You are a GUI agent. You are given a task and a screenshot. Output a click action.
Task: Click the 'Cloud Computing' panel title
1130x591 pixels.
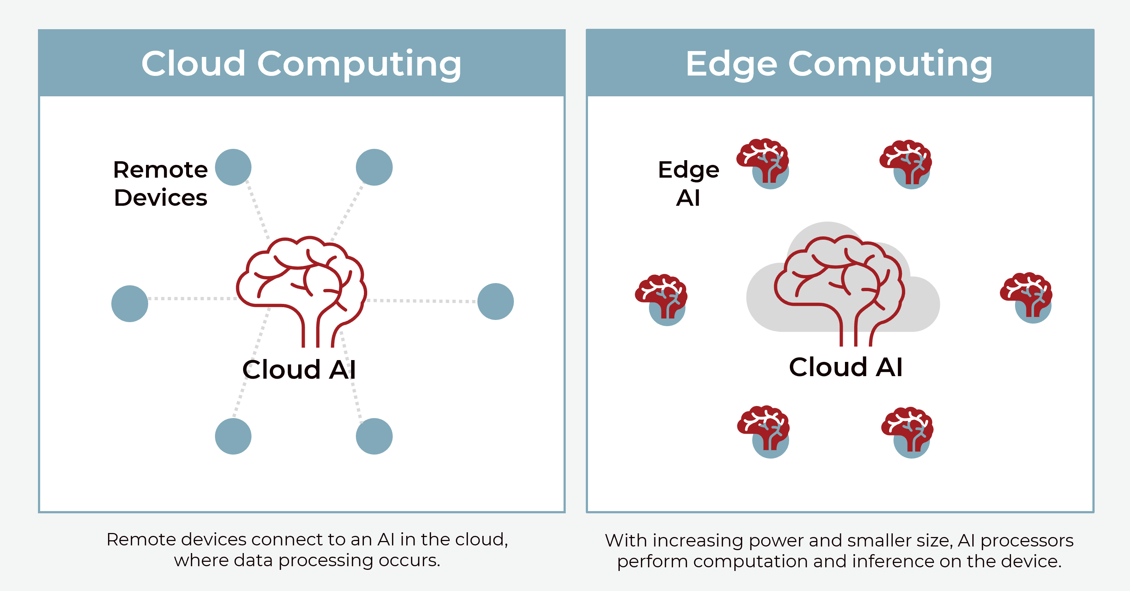pyautogui.click(x=301, y=63)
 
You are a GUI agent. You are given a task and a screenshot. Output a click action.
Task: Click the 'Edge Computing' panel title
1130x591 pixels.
pyautogui.click(x=839, y=63)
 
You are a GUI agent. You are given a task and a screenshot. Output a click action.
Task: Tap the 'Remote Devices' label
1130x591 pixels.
pyautogui.click(x=160, y=183)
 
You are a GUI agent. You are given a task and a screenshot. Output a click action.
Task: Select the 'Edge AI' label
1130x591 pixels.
pyautogui.click(x=688, y=183)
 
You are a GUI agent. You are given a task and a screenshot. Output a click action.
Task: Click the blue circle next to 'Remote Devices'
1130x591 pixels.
pyautogui.click(x=233, y=167)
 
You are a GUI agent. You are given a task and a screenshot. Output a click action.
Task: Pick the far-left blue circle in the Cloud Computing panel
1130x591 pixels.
pyautogui.click(x=130, y=304)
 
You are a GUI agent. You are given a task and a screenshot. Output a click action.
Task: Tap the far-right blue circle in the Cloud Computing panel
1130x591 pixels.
pyautogui.click(x=495, y=301)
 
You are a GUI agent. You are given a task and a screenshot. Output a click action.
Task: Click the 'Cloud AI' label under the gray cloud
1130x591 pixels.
pyautogui.click(x=845, y=367)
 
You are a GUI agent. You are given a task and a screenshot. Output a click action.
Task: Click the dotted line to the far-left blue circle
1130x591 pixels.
pyautogui.click(x=193, y=298)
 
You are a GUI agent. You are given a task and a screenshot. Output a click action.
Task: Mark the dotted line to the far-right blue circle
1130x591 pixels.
pyautogui.click(x=421, y=301)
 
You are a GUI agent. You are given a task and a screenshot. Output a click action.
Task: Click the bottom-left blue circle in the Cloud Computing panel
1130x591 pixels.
pyautogui.click(x=233, y=436)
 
